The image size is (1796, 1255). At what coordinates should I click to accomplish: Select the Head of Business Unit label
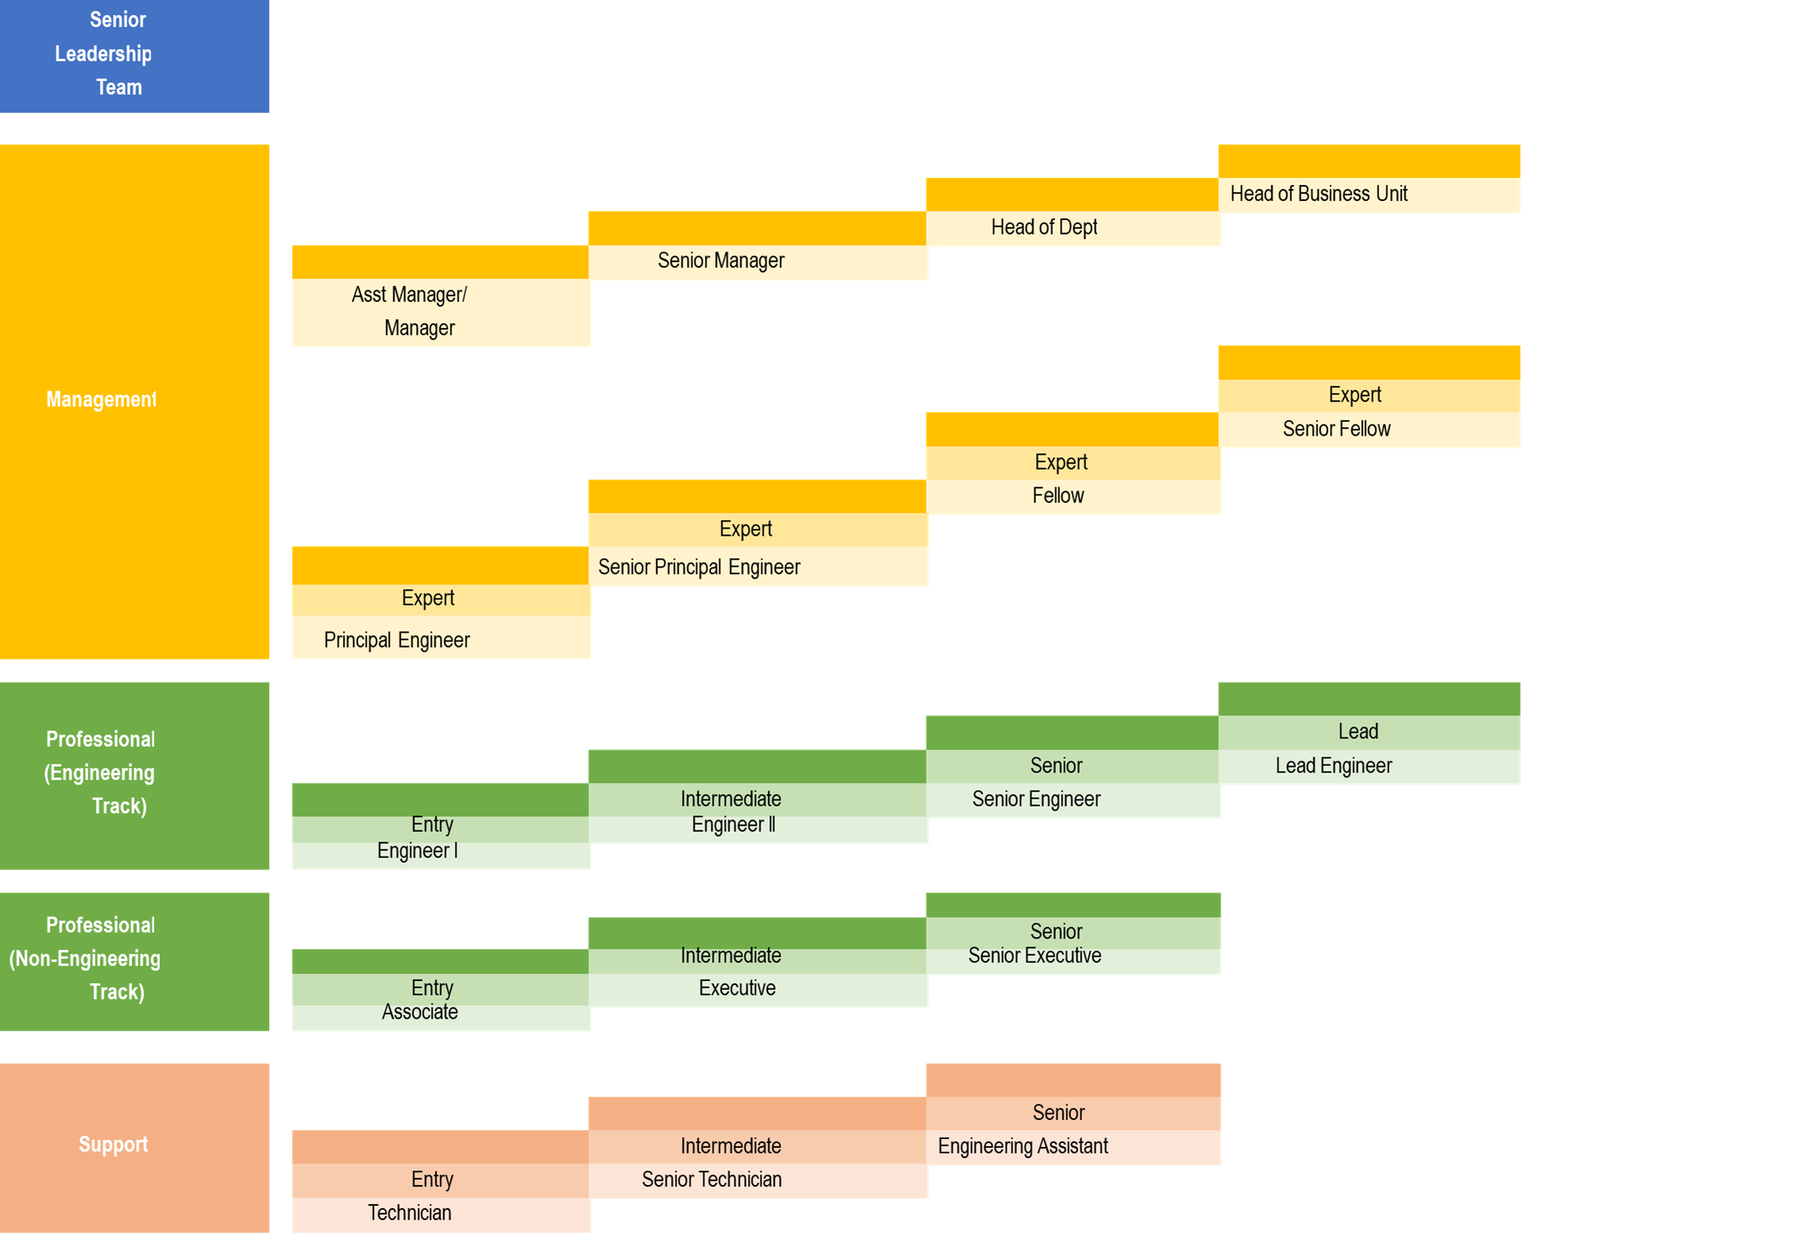point(1318,194)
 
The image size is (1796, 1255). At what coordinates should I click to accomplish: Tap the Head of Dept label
point(1044,228)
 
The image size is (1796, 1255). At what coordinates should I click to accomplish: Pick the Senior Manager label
point(721,261)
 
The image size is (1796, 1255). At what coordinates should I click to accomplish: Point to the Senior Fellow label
point(1336,429)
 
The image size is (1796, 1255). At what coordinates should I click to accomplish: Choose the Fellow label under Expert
point(1058,496)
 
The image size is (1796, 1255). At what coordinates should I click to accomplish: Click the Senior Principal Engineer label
point(699,568)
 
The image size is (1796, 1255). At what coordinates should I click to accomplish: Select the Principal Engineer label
point(397,641)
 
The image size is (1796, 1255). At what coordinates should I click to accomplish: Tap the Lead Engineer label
point(1333,766)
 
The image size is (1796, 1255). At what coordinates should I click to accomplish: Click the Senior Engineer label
point(1036,799)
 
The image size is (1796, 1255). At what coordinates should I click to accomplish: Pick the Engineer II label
point(733,826)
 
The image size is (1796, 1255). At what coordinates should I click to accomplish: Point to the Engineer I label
point(418,852)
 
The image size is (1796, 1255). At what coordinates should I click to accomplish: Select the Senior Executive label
point(1035,957)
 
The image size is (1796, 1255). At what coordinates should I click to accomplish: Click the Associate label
point(420,1013)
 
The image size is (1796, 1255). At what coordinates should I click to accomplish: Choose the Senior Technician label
point(711,1180)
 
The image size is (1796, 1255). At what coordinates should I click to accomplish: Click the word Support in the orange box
point(114,1145)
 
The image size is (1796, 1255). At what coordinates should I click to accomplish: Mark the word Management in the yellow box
point(101,400)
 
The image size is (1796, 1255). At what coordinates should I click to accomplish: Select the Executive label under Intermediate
point(737,989)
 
